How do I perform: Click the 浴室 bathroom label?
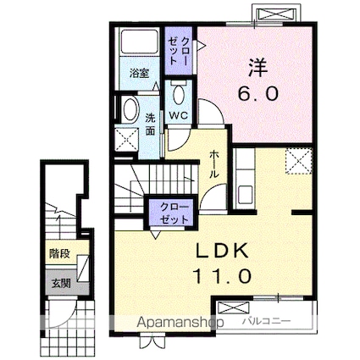[138, 75]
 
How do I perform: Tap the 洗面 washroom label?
[149, 124]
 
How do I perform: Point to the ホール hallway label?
[213, 163]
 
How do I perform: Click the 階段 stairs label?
[58, 252]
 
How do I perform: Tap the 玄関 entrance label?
[58, 283]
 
